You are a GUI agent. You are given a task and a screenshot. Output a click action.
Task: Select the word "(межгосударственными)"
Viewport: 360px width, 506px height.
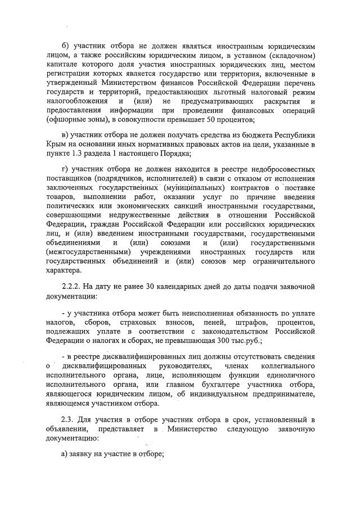[x=85, y=252]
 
